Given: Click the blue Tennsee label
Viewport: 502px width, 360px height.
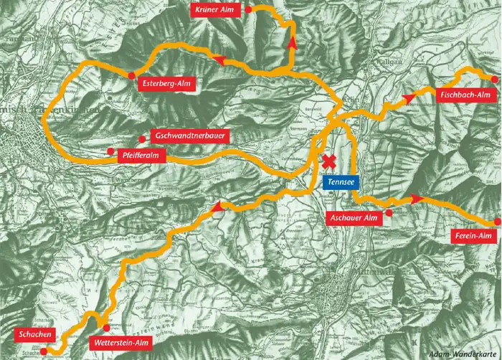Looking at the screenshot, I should (x=338, y=183).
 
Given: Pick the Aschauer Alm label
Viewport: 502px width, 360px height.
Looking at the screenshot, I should (x=352, y=217).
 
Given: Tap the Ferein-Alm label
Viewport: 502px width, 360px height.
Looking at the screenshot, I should (x=474, y=237).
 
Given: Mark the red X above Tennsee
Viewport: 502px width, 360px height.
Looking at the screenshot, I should (x=330, y=162).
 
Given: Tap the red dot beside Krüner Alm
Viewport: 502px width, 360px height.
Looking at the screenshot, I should (x=248, y=11).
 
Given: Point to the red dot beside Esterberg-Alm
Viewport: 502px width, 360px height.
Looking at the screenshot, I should (x=131, y=75).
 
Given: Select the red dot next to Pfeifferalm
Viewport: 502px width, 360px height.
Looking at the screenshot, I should (x=110, y=151).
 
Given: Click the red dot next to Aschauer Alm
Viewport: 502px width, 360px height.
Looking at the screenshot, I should (x=389, y=213).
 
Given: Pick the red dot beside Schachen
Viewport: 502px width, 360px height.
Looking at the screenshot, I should (x=44, y=351).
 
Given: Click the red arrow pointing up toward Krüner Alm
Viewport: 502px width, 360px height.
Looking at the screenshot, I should (x=291, y=42).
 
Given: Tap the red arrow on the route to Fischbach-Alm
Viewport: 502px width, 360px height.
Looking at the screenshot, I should (x=409, y=97).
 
